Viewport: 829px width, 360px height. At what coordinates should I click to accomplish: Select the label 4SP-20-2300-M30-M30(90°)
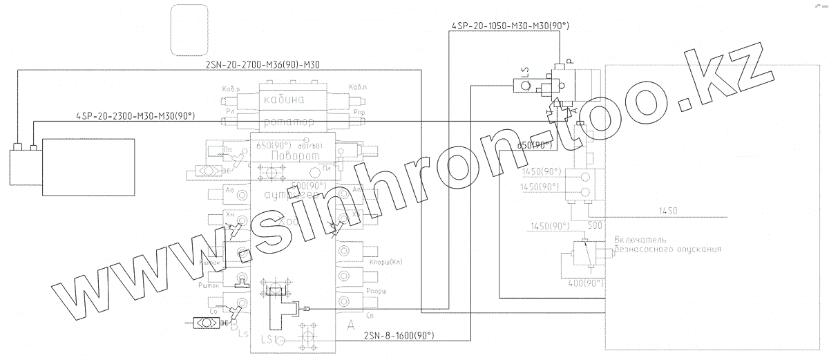click(x=135, y=116)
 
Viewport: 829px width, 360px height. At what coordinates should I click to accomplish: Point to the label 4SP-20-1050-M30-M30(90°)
click(x=500, y=26)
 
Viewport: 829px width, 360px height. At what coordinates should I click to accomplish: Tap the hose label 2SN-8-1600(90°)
click(x=398, y=336)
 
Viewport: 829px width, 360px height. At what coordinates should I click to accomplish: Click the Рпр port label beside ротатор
click(x=358, y=111)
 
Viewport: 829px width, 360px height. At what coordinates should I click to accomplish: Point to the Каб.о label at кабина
click(x=231, y=89)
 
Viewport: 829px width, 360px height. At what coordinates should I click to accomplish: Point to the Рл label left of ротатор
click(x=230, y=111)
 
